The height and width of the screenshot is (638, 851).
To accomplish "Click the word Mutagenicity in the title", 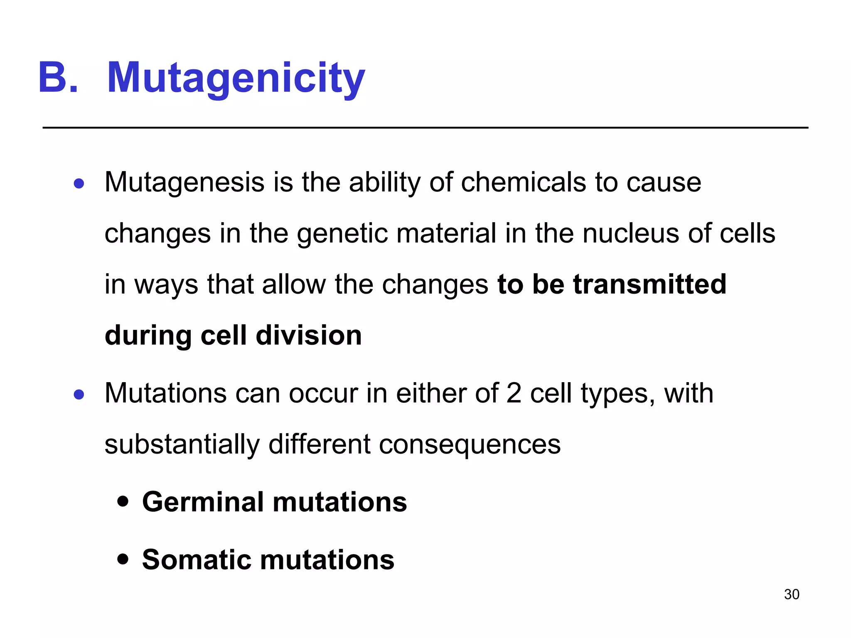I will [236, 78].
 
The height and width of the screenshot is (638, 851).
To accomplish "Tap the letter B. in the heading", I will [58, 78].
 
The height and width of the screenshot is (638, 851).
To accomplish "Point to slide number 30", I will [792, 594].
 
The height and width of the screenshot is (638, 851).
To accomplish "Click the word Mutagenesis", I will [184, 183].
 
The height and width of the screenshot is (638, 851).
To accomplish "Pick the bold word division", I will [309, 335].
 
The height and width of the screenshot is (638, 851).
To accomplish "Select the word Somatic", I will [197, 560].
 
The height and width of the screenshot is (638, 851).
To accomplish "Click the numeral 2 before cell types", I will [514, 393].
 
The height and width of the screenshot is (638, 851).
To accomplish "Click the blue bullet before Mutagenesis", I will [79, 183].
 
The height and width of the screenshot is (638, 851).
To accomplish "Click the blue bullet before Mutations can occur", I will [79, 394].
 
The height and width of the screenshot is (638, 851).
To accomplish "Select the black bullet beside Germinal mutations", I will [123, 501].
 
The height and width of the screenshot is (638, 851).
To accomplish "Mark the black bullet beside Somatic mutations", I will [123, 559].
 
